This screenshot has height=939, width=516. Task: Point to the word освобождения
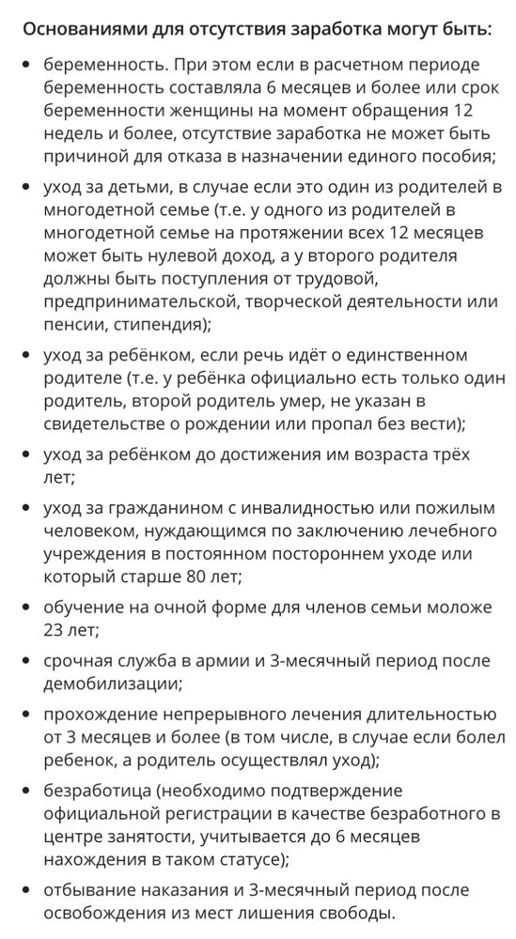(x=105, y=912)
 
